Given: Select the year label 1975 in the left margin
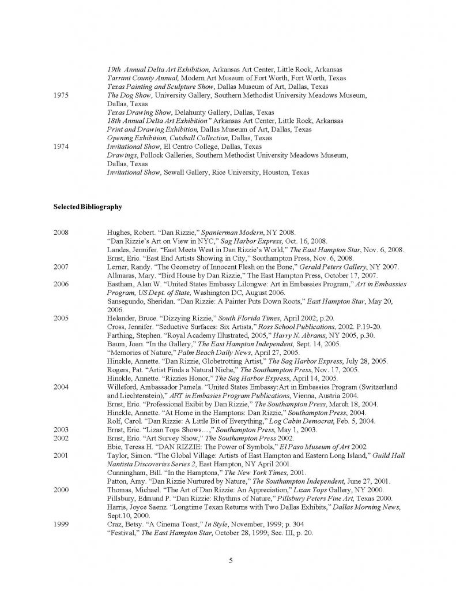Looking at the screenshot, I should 62,95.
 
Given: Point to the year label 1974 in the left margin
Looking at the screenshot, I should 62,147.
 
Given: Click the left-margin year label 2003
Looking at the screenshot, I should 62,429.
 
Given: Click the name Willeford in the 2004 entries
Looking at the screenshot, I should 123,387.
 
